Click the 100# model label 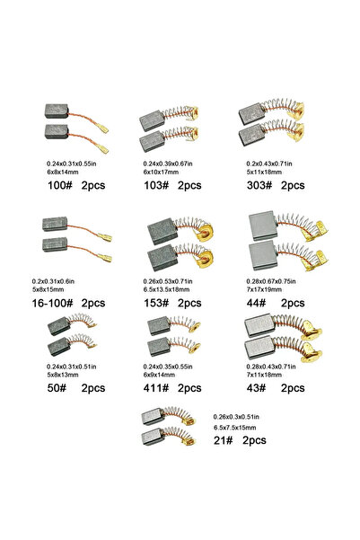point(60,185)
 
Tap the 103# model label point(156,185)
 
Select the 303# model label point(259,185)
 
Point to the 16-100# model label point(52,303)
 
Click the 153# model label point(156,303)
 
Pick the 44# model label point(256,303)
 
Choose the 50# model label point(57,388)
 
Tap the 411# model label point(156,388)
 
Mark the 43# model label point(256,388)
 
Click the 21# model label point(223,440)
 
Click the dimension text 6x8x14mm point(63,172)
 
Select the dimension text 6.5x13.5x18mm point(167,289)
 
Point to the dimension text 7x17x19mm point(264,289)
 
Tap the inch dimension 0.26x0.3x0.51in point(236,417)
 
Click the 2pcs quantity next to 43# point(293,388)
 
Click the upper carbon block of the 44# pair point(263,226)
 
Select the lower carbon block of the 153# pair point(162,258)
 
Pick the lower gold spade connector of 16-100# point(105,258)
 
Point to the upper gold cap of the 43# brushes point(312,331)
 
